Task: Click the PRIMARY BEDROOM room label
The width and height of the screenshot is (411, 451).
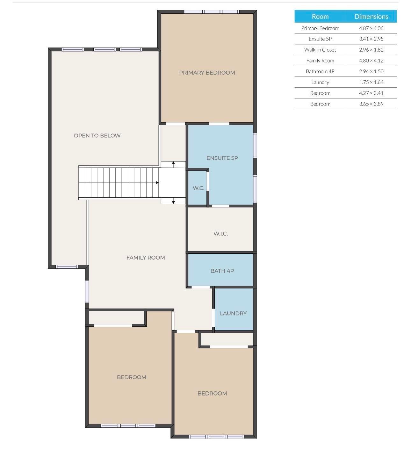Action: pos(207,73)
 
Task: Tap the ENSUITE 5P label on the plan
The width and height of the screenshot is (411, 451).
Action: pos(222,158)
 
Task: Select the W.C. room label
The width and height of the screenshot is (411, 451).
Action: pos(198,188)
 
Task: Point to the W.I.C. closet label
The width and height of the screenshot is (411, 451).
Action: pos(220,234)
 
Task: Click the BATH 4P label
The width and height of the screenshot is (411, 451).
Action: pos(222,271)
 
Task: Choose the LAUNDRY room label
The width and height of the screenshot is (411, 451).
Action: pos(233,313)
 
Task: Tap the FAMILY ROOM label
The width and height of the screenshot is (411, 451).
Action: pos(146,258)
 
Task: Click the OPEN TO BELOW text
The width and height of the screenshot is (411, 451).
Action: pos(97,135)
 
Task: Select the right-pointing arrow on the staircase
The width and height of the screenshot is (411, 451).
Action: pos(157,183)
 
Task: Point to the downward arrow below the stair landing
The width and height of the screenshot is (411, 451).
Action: pos(173,202)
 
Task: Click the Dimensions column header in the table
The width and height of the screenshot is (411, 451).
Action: pos(371,17)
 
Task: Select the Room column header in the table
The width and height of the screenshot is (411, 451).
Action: pos(320,17)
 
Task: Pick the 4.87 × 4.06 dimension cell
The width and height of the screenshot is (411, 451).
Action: pos(371,28)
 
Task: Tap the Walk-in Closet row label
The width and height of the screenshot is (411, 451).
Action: pos(320,50)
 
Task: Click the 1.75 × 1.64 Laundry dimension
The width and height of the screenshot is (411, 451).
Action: pos(371,82)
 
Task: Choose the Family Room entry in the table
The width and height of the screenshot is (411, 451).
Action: pos(320,61)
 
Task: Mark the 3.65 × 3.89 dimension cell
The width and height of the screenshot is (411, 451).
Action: pos(371,104)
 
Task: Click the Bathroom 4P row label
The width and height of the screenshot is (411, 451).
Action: pos(320,71)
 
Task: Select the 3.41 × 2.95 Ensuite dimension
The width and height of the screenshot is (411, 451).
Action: pos(371,39)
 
